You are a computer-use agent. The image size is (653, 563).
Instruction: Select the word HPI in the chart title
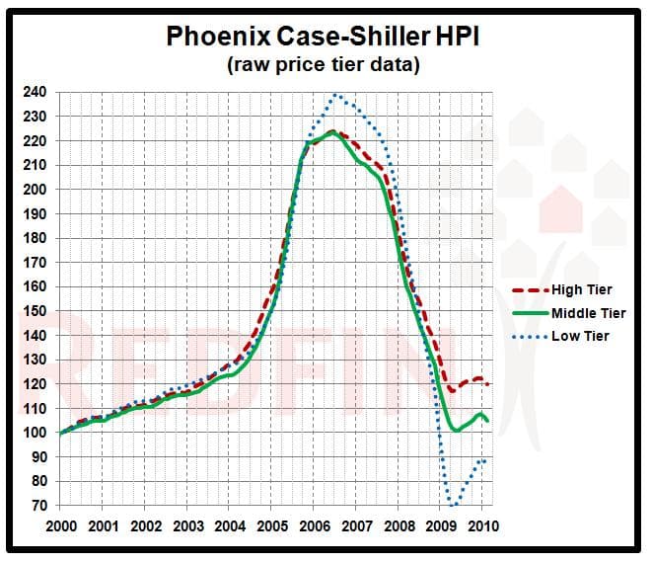pyautogui.click(x=463, y=37)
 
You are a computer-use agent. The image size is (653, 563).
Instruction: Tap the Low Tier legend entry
pyautogui.click(x=580, y=337)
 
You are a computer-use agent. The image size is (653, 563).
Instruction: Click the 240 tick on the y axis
pyautogui.click(x=35, y=92)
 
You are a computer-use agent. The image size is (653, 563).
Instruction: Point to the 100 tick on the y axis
pyautogui.click(x=35, y=433)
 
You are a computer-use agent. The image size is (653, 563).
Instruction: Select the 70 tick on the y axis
pyautogui.click(x=38, y=506)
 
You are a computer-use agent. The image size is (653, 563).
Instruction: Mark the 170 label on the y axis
pyautogui.click(x=35, y=263)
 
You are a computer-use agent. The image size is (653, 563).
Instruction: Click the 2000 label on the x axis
pyautogui.click(x=61, y=525)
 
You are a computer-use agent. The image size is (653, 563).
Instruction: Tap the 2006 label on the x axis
pyautogui.click(x=314, y=525)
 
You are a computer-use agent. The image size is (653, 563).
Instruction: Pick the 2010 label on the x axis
pyautogui.click(x=482, y=525)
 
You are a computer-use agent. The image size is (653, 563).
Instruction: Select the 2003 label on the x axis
pyautogui.click(x=187, y=525)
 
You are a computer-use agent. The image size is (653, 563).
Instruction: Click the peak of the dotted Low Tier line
pyautogui.click(x=336, y=95)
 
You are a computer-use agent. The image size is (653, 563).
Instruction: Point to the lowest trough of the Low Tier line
pyautogui.click(x=454, y=505)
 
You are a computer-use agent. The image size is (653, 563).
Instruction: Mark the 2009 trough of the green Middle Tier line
pyautogui.click(x=456, y=431)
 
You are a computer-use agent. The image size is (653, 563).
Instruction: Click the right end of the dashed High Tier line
pyautogui.click(x=489, y=383)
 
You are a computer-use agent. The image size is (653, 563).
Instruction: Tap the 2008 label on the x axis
pyautogui.click(x=399, y=525)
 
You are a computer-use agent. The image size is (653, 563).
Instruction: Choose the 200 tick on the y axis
pyautogui.click(x=35, y=190)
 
